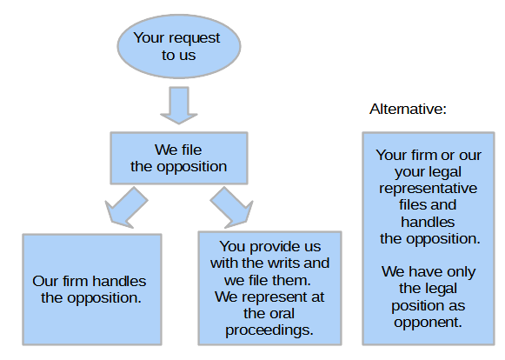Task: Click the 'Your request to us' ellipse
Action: pos(179,46)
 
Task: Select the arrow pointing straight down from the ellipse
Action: pos(179,105)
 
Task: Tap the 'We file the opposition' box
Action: pos(179,158)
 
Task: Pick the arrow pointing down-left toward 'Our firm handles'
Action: pos(127,207)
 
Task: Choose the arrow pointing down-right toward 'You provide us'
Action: pos(231,207)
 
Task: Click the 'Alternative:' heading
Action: pos(408,109)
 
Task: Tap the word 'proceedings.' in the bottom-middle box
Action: pos(269,330)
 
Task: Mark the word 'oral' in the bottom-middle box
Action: pos(282,313)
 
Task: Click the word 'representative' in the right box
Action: pos(428,189)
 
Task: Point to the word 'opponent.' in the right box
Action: pos(428,323)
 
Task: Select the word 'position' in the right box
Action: pos(415,305)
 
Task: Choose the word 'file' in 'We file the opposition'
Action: pos(191,150)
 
